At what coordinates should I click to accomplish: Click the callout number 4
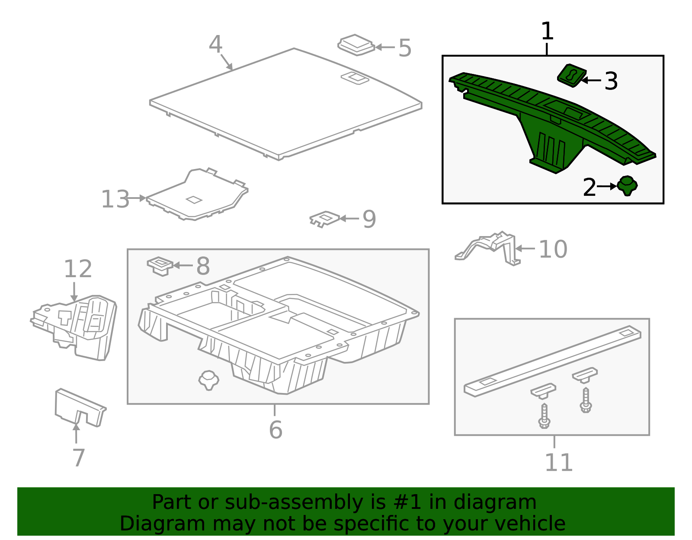pos(215,45)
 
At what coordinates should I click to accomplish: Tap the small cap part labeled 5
pos(356,45)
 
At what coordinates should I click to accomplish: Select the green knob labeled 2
pos(627,185)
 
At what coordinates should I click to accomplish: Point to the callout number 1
pos(547,32)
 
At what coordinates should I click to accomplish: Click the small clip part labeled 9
pos(324,219)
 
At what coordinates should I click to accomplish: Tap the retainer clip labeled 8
pos(160,265)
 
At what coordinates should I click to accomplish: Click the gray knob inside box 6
pos(208,380)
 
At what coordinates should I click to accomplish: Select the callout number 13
pos(115,199)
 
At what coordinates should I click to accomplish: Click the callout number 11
pos(558,463)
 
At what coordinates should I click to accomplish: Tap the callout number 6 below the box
pos(276,430)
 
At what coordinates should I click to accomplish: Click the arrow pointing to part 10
pos(525,249)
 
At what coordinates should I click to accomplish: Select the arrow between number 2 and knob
pos(607,186)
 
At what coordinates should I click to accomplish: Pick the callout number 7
pos(78,458)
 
